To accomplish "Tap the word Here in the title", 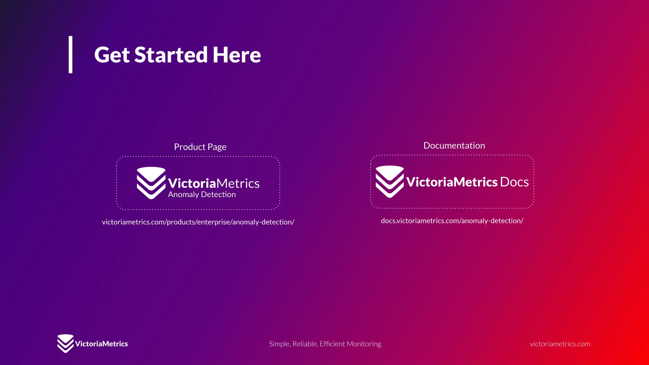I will (x=237, y=55).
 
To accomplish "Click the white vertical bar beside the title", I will (x=70, y=54).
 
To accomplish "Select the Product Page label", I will (x=200, y=147).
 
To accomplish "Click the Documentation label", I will (x=454, y=146).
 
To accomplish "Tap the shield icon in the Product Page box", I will (x=151, y=183).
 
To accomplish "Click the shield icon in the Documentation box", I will (x=389, y=182).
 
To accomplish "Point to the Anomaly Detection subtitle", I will (x=202, y=195).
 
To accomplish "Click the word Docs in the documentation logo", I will (x=514, y=182).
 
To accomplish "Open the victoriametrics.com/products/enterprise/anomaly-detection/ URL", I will (x=198, y=222).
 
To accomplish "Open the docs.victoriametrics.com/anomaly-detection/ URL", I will (x=452, y=221).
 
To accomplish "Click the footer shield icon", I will (x=65, y=343).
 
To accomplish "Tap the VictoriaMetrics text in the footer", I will (x=101, y=344).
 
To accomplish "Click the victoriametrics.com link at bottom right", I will (x=560, y=344).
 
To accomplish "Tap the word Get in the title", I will (x=112, y=55).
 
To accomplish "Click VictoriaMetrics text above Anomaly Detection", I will (x=214, y=183).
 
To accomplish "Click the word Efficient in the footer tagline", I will (x=332, y=344).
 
